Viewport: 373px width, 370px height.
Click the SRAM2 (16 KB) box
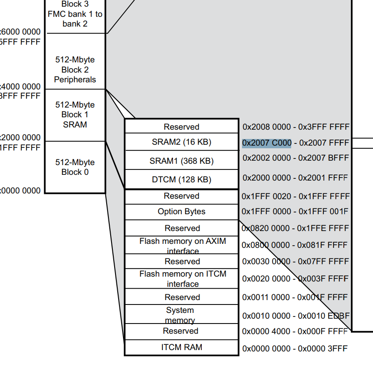click(x=181, y=142)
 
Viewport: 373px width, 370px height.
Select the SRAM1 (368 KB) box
click(x=181, y=161)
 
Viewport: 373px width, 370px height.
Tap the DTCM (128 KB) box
click(x=181, y=180)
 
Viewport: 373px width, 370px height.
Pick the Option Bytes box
click(x=181, y=212)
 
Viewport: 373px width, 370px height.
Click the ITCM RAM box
click(x=181, y=347)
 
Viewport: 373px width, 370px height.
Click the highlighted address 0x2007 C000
click(x=267, y=143)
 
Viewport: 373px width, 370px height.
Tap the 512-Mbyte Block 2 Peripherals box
click(x=75, y=69)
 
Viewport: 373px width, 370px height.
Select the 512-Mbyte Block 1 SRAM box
click(x=75, y=115)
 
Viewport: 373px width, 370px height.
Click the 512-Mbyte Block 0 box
click(x=75, y=167)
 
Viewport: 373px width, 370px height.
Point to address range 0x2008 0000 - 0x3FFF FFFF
click(x=296, y=127)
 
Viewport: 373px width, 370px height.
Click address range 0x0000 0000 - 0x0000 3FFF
click(x=295, y=348)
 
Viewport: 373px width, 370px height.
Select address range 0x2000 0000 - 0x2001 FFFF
click(x=296, y=177)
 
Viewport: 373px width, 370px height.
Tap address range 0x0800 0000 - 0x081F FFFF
click(x=295, y=245)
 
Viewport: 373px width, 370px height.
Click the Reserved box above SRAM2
click(x=181, y=127)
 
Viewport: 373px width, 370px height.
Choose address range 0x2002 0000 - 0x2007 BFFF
click(x=296, y=158)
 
